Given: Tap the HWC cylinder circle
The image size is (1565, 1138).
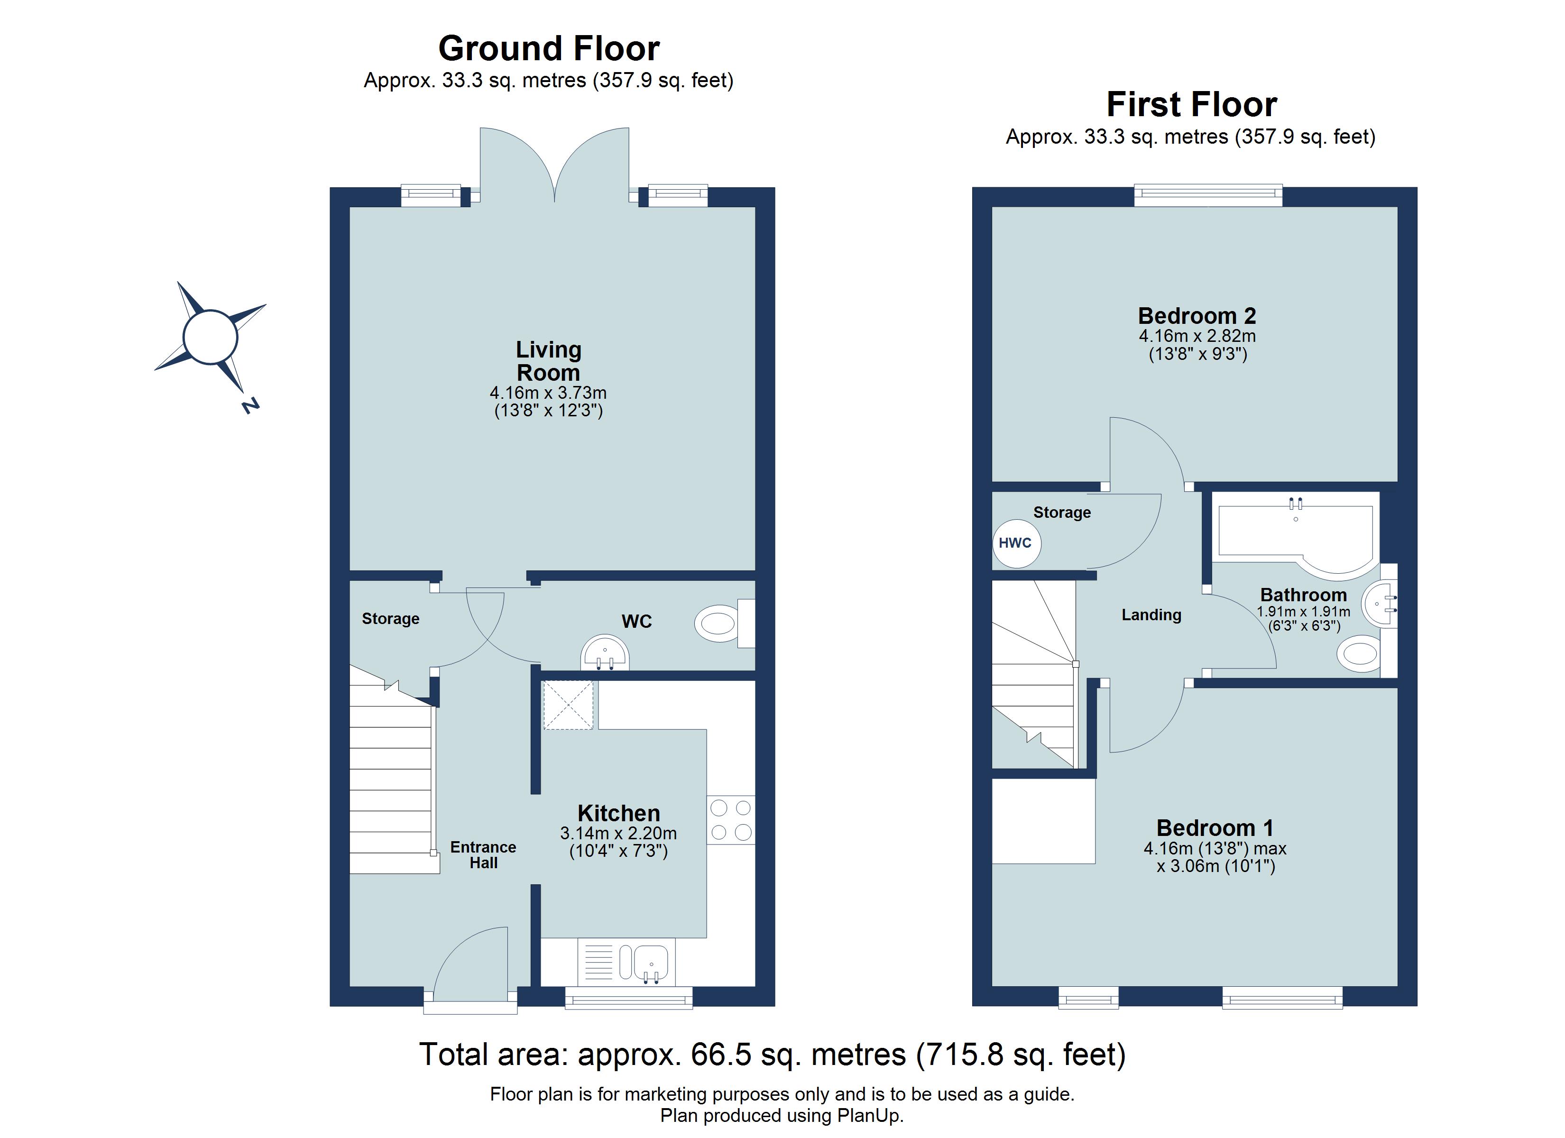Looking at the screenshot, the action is (x=1016, y=543).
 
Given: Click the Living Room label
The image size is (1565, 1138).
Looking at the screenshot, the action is (x=549, y=361).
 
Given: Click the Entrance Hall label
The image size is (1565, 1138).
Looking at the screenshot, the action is (x=483, y=854).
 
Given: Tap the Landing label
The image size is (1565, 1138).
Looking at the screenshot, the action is (x=1151, y=615).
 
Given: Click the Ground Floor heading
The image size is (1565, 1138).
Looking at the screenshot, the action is (x=549, y=48).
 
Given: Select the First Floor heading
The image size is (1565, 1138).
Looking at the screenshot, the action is (x=1192, y=104).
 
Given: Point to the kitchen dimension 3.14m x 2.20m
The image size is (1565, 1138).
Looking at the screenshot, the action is (x=618, y=834).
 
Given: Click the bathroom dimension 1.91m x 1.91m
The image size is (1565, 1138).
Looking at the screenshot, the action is (x=1304, y=612).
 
